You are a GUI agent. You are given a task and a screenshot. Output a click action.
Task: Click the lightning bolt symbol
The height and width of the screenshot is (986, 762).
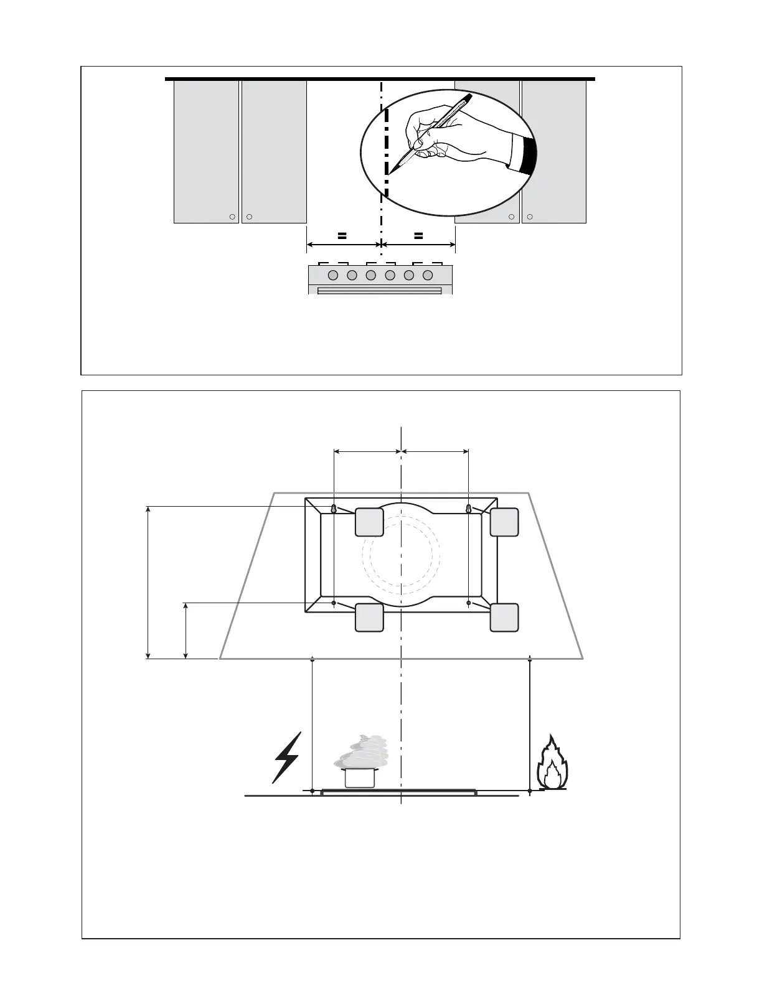tap(287, 757)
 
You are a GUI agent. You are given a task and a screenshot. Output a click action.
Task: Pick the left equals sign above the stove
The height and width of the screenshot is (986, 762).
tap(341, 236)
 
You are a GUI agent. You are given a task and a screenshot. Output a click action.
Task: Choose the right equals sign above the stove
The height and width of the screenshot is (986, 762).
tap(418, 236)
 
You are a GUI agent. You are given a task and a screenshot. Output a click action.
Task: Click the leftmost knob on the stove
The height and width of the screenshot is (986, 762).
tap(332, 275)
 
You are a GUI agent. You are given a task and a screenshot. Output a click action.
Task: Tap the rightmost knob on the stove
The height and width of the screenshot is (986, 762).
tap(428, 275)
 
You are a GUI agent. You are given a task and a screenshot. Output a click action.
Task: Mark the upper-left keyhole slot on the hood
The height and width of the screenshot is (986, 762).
tap(334, 509)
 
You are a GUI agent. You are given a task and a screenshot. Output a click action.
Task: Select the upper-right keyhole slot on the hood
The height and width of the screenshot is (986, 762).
tap(469, 509)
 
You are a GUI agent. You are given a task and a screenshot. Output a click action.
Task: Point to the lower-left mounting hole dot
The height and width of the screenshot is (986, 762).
tap(334, 603)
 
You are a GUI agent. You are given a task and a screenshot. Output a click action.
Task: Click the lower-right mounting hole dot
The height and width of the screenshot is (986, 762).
tap(469, 603)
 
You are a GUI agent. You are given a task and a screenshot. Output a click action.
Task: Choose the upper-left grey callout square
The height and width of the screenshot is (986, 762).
tap(369, 522)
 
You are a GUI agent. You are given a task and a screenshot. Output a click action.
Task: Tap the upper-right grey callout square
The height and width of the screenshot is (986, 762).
tap(504, 522)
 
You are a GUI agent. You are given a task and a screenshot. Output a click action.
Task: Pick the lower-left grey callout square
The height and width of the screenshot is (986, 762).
tap(369, 617)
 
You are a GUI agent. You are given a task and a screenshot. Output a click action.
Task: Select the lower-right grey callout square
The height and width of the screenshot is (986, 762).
tap(504, 617)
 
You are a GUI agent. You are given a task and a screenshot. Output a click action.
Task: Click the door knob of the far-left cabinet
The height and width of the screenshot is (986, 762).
tap(232, 217)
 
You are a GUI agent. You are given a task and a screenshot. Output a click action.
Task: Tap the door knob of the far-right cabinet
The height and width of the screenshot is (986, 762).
tap(530, 217)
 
